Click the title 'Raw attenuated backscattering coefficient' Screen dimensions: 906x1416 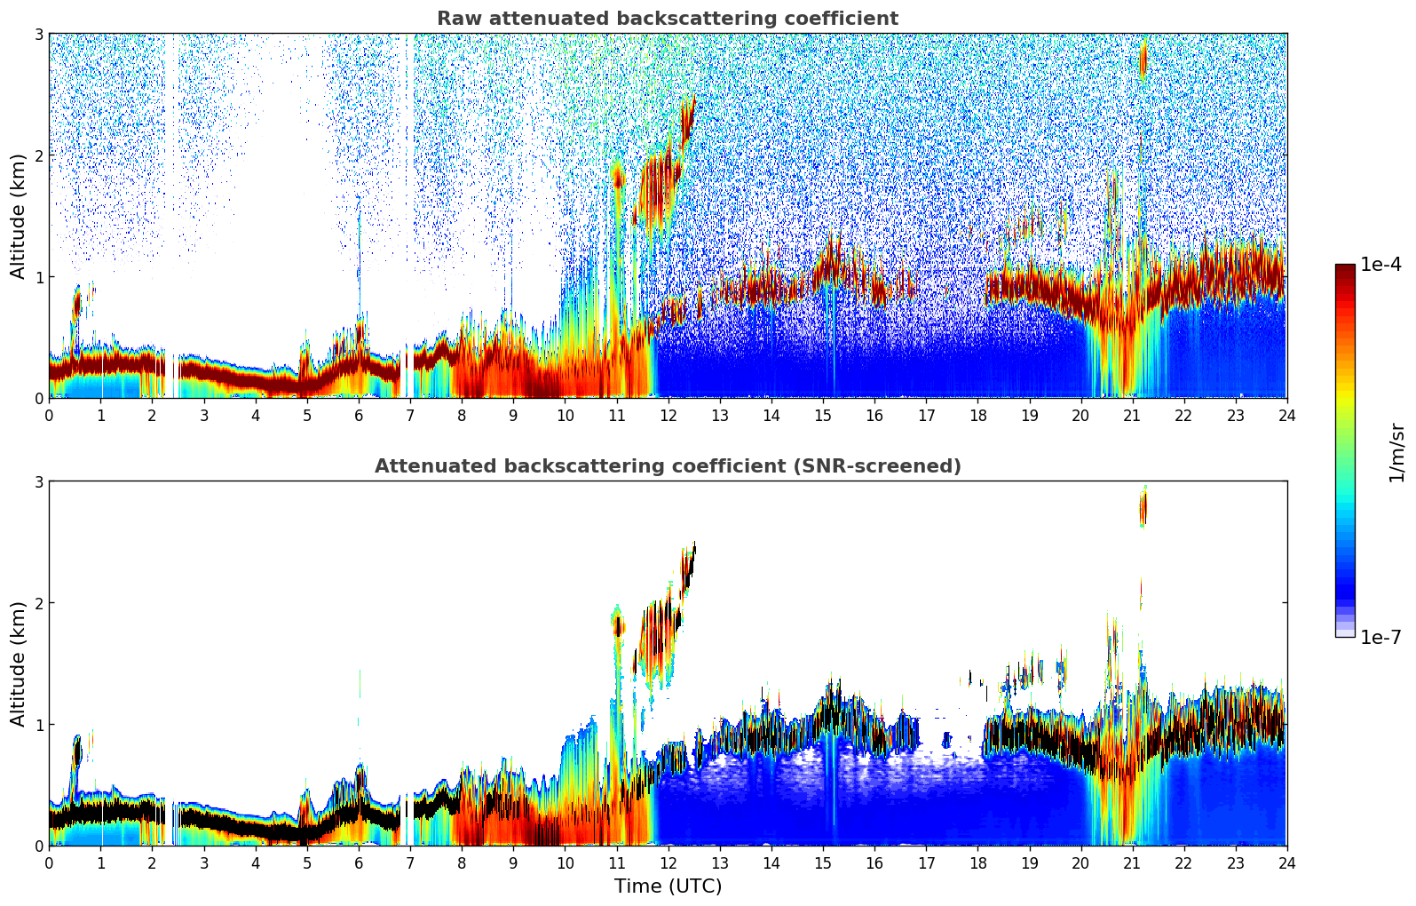667,19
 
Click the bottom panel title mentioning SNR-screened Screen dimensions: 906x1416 667,466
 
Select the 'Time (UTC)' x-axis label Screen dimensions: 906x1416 668,886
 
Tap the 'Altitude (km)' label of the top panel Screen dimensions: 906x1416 19,216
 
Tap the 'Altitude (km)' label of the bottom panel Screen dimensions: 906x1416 19,664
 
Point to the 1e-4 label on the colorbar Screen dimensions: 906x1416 1380,265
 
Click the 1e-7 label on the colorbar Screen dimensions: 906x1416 1380,637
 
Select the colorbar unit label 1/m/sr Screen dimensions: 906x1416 1396,452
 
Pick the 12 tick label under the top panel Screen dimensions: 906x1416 668,415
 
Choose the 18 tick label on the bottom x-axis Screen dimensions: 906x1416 977,862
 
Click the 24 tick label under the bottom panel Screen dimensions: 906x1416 1286,862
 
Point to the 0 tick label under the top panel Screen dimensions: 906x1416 49,415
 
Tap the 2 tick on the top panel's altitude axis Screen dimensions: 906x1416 38,155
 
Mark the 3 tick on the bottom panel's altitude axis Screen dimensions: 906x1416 38,481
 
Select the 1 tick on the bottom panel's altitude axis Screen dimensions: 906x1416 38,725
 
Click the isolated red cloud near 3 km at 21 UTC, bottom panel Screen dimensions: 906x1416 1143,509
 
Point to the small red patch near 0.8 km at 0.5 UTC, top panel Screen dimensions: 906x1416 76,305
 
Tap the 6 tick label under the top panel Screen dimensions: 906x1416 359,415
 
